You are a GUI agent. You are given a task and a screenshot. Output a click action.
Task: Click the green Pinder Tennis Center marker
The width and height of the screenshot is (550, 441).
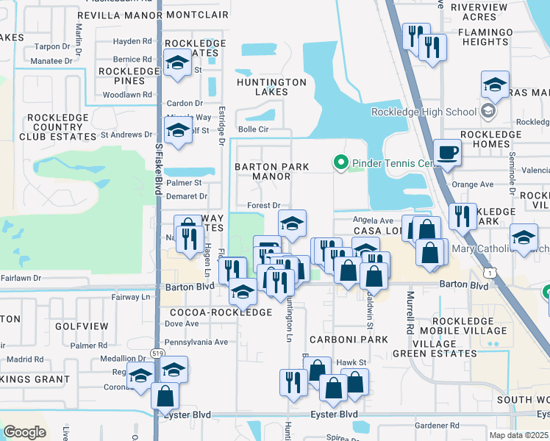pos(340,162)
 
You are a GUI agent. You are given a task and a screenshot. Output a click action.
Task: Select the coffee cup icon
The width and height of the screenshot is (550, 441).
pos(447,154)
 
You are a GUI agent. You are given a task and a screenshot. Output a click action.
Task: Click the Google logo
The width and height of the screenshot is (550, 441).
pos(25,431)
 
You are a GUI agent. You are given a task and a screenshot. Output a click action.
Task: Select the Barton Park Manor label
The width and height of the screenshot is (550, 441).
pos(271,171)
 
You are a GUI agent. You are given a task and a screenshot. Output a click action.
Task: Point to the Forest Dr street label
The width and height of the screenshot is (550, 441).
pos(265,206)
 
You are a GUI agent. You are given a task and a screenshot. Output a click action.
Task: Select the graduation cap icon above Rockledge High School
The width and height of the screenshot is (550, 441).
pos(495,85)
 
